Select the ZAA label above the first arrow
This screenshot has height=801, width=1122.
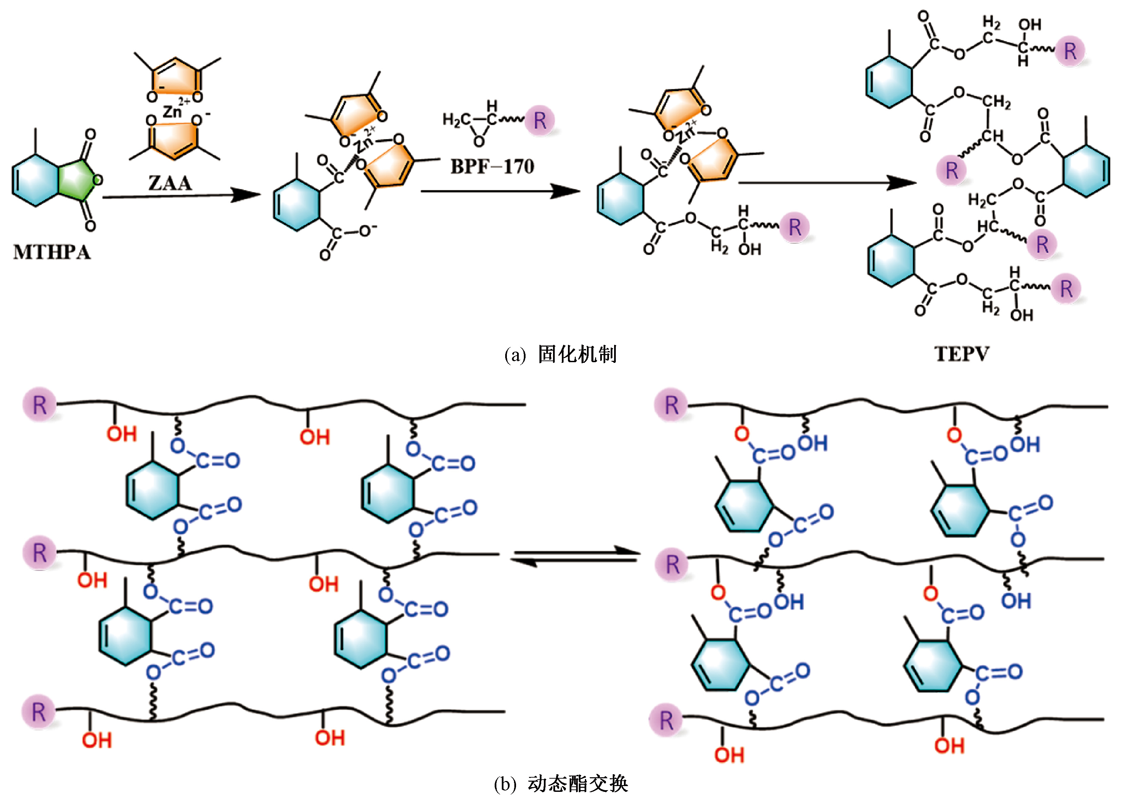[x=170, y=183]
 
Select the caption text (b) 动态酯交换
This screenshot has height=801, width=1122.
[x=560, y=784]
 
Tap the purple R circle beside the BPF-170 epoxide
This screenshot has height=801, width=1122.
[x=540, y=120]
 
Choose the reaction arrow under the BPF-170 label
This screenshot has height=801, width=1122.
[x=500, y=191]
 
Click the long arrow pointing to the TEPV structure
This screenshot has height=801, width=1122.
[x=826, y=183]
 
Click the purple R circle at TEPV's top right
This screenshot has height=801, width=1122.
[x=1070, y=51]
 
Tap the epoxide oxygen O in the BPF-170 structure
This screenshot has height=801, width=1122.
[x=479, y=141]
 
